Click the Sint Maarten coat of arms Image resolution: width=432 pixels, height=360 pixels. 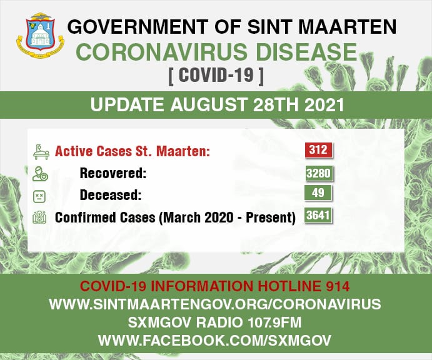(41, 35)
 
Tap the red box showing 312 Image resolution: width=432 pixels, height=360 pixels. (318, 150)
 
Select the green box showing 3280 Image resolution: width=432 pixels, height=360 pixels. (319, 173)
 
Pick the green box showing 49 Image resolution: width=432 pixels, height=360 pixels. (318, 192)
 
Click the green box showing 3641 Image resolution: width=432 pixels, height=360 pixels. (318, 215)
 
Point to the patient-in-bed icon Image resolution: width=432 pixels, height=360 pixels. (41, 152)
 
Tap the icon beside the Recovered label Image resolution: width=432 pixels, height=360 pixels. (40, 174)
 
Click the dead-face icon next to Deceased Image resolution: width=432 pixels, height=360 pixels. (39, 197)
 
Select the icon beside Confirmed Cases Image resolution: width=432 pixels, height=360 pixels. (39, 217)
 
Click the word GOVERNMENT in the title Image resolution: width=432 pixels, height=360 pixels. (138, 27)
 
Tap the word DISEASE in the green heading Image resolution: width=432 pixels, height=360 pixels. (306, 52)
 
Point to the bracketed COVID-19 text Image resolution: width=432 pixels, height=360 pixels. (216, 74)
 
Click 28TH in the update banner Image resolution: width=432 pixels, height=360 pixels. (276, 105)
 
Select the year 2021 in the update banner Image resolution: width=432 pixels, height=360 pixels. (324, 105)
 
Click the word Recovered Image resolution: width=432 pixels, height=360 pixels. (113, 173)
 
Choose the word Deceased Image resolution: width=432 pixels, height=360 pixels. (111, 195)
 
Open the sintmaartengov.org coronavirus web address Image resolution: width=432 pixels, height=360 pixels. (215, 304)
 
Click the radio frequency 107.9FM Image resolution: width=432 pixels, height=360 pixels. (274, 322)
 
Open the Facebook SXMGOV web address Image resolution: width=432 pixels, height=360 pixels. (214, 341)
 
